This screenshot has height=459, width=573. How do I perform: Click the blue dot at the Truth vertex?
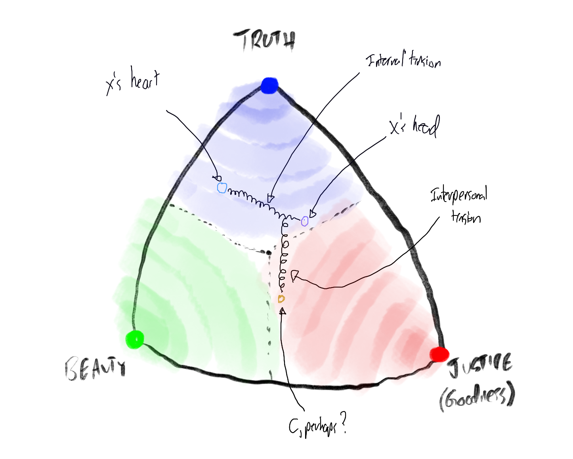[x=269, y=85]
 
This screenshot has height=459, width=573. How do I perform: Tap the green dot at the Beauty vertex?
[x=134, y=339]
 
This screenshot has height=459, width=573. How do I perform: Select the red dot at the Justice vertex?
[x=439, y=354]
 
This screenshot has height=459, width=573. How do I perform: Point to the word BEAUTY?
[x=95, y=368]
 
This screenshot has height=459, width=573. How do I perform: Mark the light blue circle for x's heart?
[x=222, y=188]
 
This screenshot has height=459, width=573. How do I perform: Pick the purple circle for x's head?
[x=304, y=221]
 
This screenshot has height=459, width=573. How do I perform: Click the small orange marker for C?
[x=281, y=299]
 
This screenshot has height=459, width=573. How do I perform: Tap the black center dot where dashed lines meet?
[x=269, y=252]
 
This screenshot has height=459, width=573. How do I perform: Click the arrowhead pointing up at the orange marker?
[x=283, y=311]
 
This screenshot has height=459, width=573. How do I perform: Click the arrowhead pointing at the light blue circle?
[x=217, y=178]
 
